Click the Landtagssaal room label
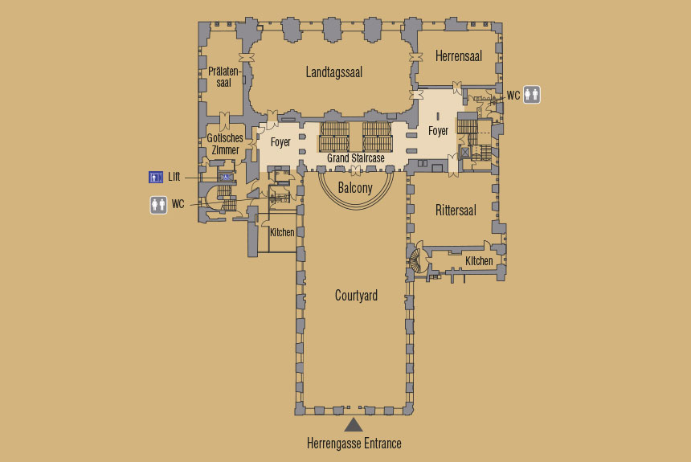click(334, 72)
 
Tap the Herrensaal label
click(458, 56)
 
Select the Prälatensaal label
click(224, 76)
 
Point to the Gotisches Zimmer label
click(225, 144)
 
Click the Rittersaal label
click(456, 211)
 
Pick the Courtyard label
click(356, 295)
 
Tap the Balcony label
click(355, 188)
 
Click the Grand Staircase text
click(356, 157)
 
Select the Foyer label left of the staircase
click(280, 142)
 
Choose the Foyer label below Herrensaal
click(438, 131)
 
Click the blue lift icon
click(156, 178)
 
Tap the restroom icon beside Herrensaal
click(531, 95)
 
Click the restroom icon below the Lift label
click(158, 205)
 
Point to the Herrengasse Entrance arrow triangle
click(354, 425)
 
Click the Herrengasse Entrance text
click(354, 443)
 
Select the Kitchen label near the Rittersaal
click(479, 261)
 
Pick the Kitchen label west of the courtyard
click(282, 232)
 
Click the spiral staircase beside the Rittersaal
click(416, 260)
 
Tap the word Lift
click(174, 177)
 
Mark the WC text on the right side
click(513, 96)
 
